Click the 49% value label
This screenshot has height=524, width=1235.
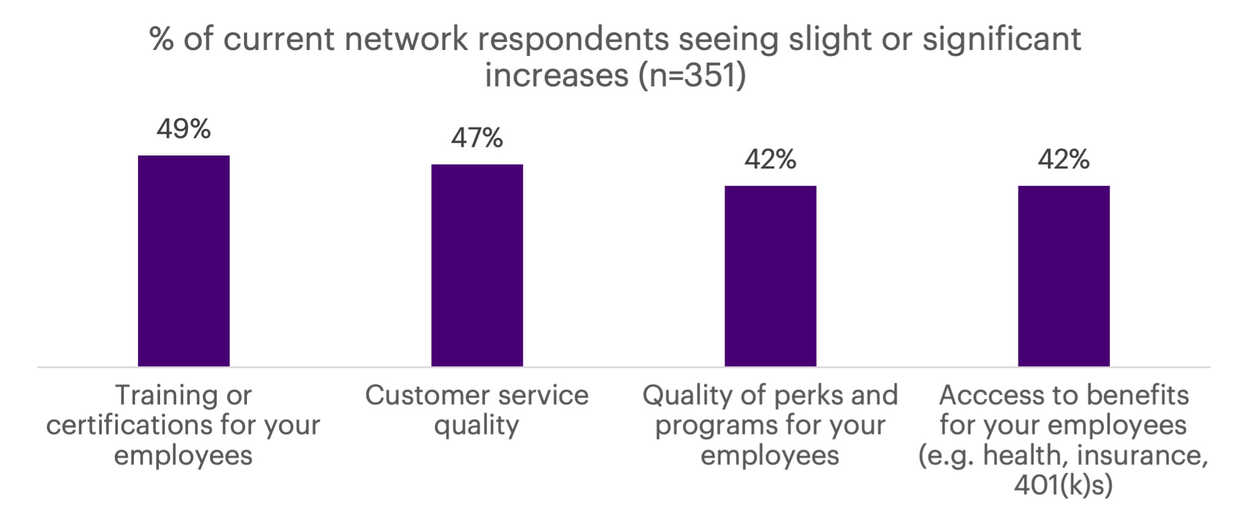(x=183, y=129)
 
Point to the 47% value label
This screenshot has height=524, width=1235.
(x=477, y=138)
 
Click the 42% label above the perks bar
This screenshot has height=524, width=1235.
(x=770, y=160)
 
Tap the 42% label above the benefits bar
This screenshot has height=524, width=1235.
(x=1063, y=160)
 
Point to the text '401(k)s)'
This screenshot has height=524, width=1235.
(x=1063, y=485)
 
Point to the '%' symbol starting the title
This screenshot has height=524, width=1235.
(x=161, y=39)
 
